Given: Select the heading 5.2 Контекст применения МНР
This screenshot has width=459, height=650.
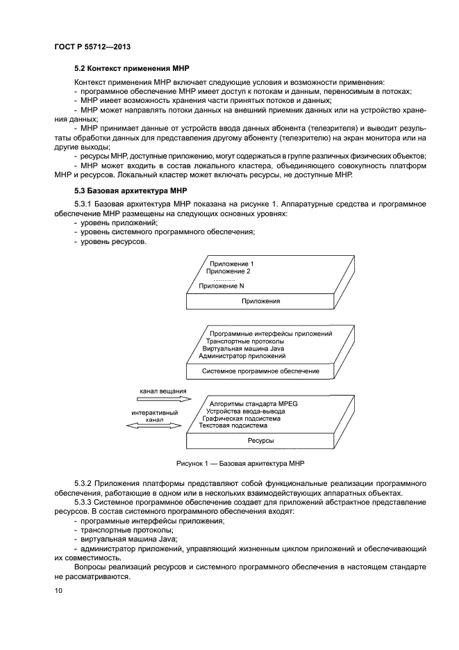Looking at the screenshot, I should click(131, 70).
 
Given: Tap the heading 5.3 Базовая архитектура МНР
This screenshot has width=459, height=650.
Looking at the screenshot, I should click(130, 190).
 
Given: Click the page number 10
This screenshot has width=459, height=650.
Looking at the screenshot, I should click(58, 591).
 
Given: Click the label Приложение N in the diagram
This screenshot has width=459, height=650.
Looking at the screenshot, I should click(222, 286).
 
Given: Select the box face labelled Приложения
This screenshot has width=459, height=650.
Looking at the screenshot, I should click(260, 302).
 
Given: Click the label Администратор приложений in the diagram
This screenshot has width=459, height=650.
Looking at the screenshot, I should click(242, 356).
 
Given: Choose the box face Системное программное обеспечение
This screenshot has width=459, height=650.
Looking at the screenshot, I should click(260, 372).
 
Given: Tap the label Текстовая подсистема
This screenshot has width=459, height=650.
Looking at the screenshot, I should click(233, 426).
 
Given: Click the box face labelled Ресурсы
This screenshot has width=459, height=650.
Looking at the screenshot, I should click(260, 441).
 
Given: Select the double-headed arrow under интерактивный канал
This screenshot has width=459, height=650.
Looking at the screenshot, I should click(154, 428).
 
